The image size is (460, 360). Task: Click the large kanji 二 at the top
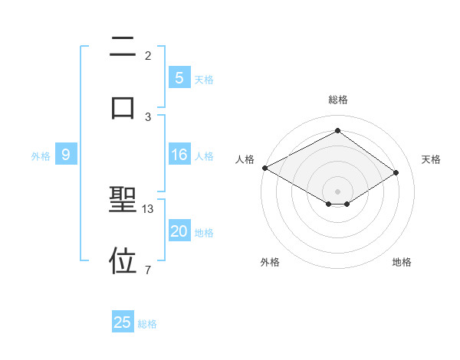coord(123,47)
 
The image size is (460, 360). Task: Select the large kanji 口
coord(123,106)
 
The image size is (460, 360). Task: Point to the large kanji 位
coord(123,260)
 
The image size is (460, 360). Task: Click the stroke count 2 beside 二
coord(148,56)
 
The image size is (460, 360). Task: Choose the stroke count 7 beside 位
coord(148,270)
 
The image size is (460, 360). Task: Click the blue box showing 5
coord(179,78)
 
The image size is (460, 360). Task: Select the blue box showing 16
coord(179,155)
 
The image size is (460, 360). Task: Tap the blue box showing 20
coord(179,232)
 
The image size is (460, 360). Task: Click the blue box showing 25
coord(123,322)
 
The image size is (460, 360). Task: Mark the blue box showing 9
coord(66,155)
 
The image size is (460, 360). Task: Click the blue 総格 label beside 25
coord(147,324)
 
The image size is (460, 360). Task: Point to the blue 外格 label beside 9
coord(41,156)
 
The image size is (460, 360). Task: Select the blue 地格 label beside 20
coord(204,233)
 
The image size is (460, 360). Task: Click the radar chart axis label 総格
coord(337,100)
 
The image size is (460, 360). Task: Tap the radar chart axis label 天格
coord(431,159)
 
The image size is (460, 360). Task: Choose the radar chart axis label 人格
coord(245,159)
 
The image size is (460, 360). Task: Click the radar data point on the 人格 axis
coord(264,168)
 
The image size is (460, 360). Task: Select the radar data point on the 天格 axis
coord(396,173)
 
